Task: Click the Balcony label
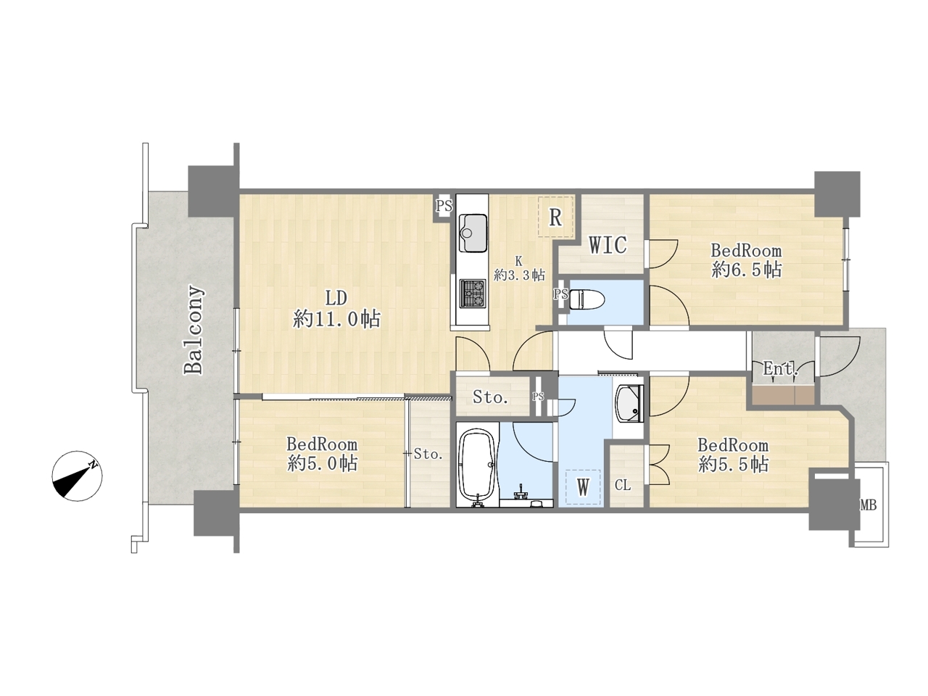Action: point(194,331)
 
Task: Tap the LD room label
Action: point(336,299)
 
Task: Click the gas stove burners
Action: point(473,293)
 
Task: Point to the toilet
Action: point(587,299)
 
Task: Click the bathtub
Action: point(477,466)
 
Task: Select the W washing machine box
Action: point(583,488)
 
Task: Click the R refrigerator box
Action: point(555,217)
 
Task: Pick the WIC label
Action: point(608,245)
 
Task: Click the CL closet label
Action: point(623,486)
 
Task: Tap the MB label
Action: point(869,505)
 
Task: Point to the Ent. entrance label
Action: point(781,369)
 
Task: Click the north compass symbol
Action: point(77,476)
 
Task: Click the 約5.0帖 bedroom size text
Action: point(323,463)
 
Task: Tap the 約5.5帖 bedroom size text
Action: point(734,465)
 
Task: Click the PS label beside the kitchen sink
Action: point(444,206)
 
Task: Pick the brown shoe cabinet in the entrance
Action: point(783,395)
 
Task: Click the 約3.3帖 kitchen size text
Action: point(520,275)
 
